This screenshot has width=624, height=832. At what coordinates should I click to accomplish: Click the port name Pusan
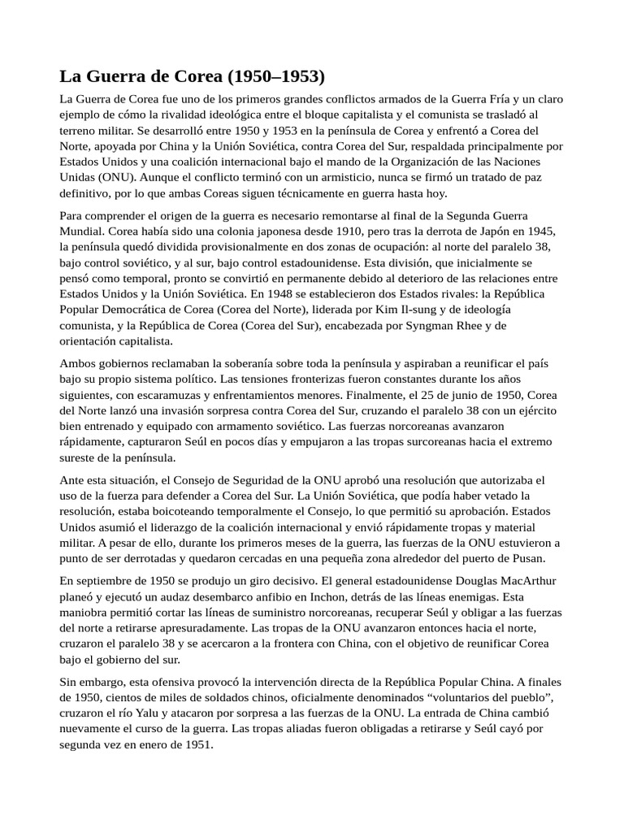click(x=525, y=559)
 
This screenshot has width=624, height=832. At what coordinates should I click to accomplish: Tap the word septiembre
click(x=113, y=581)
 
